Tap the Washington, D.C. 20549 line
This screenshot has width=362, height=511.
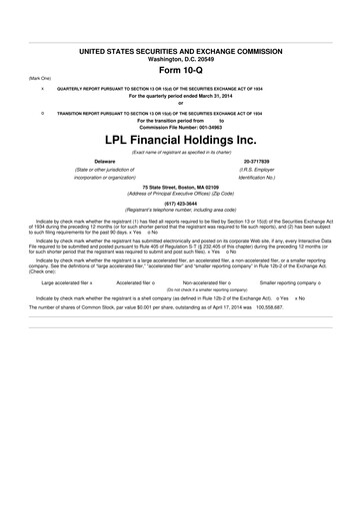click(x=180, y=57)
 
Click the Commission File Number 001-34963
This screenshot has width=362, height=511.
click(x=180, y=126)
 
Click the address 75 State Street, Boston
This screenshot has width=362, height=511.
click(x=180, y=187)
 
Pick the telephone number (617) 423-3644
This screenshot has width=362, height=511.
click(x=180, y=203)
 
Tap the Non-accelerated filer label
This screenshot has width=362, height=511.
click(x=207, y=282)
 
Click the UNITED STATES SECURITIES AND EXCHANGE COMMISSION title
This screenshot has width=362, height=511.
click(x=180, y=50)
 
